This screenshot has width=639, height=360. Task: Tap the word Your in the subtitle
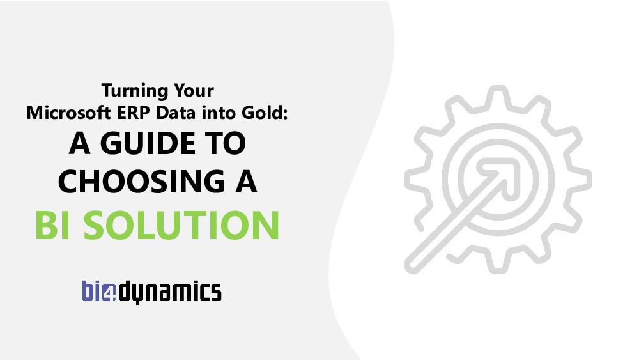click(194, 91)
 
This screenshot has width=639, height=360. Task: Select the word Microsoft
click(68, 113)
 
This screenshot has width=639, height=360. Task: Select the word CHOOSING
click(141, 182)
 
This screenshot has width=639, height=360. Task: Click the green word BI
click(52, 225)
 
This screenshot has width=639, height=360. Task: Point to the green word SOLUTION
click(181, 225)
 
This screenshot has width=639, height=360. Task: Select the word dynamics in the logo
click(169, 292)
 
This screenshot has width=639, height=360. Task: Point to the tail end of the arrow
click(412, 265)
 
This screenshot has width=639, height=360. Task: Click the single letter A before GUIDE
click(79, 143)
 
